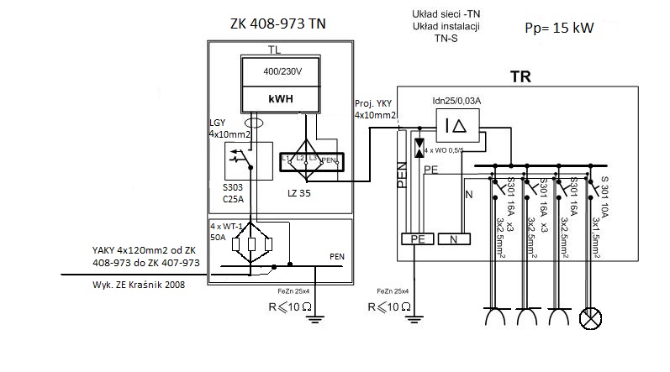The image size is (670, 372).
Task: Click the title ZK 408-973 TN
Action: coord(278,24)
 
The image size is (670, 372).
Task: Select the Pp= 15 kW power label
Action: coord(559,29)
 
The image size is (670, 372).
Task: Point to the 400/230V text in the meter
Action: coord(282,71)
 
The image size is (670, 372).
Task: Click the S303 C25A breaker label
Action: coord(233,193)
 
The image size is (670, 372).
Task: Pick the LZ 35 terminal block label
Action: coord(299,193)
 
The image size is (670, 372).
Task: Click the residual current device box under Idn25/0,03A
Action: coord(457,125)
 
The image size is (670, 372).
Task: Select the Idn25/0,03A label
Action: coord(456,101)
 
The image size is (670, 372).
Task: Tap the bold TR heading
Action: coord(520,76)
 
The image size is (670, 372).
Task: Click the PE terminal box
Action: coord(418,238)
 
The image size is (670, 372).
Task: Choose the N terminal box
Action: coord(454,238)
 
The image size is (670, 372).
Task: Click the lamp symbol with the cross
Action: coord(590,318)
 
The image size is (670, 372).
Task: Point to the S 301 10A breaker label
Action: coord(604,196)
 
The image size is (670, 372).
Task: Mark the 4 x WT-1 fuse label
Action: coord(226,226)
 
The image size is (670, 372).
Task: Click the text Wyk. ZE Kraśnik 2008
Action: coord(139,285)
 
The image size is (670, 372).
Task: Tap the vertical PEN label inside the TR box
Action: coord(402,175)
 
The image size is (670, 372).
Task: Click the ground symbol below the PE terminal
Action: coord(414,318)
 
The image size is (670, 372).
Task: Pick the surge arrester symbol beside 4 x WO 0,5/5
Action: coord(419,148)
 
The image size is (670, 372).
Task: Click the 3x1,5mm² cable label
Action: coord(596,238)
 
